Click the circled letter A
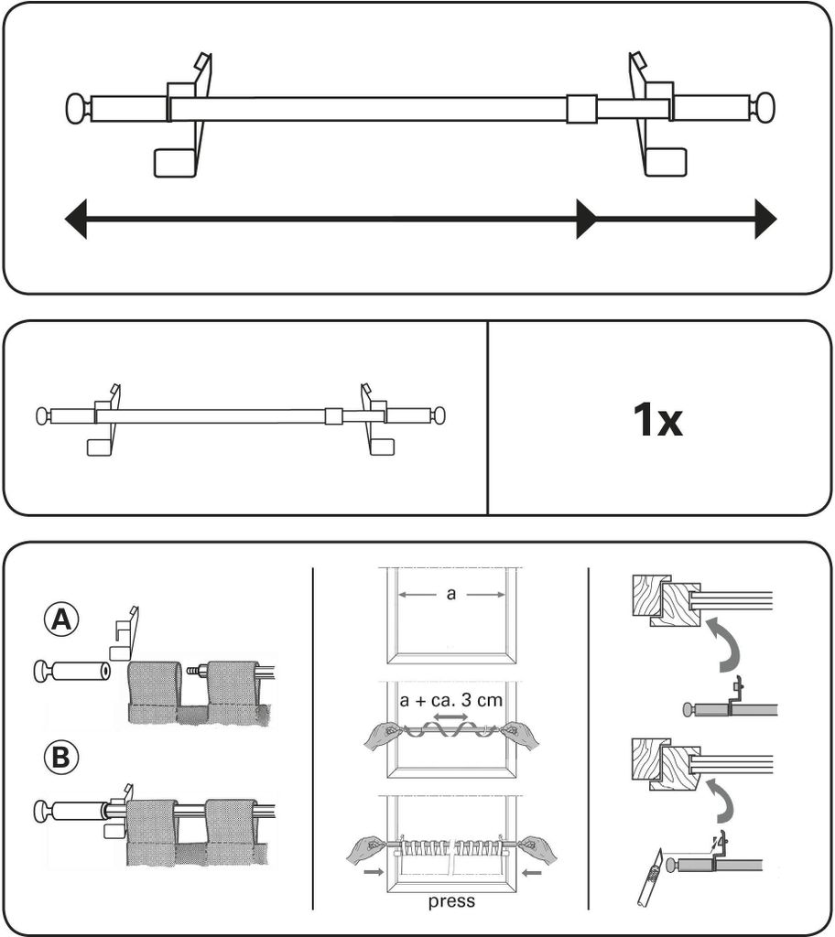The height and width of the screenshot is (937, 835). (61, 620)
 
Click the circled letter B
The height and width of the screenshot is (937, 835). (61, 758)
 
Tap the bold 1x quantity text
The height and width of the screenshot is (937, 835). (657, 419)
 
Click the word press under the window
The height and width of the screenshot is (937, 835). (451, 901)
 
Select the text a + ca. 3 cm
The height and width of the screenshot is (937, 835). (451, 700)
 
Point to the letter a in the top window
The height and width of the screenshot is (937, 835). (451, 594)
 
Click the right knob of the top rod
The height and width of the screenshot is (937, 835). (764, 108)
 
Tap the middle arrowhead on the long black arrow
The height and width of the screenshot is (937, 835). (586, 220)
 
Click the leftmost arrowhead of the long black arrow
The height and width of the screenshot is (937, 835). (75, 220)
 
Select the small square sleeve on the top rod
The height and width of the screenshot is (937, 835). (582, 109)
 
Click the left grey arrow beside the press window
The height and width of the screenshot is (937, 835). (374, 872)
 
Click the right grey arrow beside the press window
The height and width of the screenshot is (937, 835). (531, 872)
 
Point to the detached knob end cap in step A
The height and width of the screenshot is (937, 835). (70, 672)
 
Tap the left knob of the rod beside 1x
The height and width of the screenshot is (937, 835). (42, 415)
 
